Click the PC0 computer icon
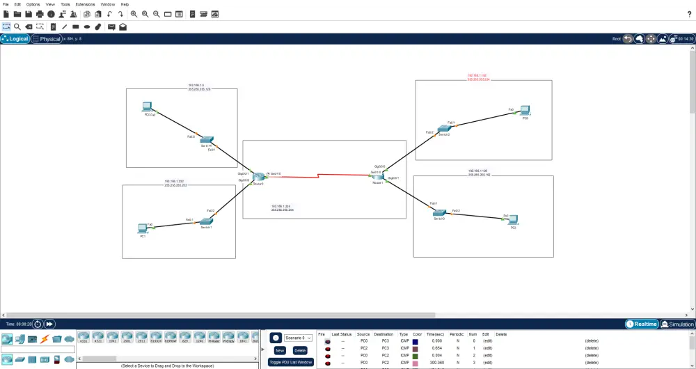pyautogui.click(x=147, y=107)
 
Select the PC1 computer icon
pyautogui.click(x=143, y=228)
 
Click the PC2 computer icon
pyautogui.click(x=524, y=110)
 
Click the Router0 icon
pyautogui.click(x=259, y=178)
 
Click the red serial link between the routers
pyautogui.click(x=320, y=176)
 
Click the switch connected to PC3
pyautogui.click(x=438, y=212)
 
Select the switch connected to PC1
pyautogui.click(x=207, y=221)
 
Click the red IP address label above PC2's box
pyautogui.click(x=477, y=77)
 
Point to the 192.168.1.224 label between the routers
pyautogui.click(x=283, y=207)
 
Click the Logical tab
pyautogui.click(x=15, y=39)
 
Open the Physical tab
pyautogui.click(x=47, y=39)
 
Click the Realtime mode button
pyautogui.click(x=642, y=324)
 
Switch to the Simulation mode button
pyautogui.click(x=677, y=324)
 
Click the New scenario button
pyautogui.click(x=280, y=350)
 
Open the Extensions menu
pyautogui.click(x=85, y=4)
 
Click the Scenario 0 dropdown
pyautogui.click(x=299, y=338)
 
